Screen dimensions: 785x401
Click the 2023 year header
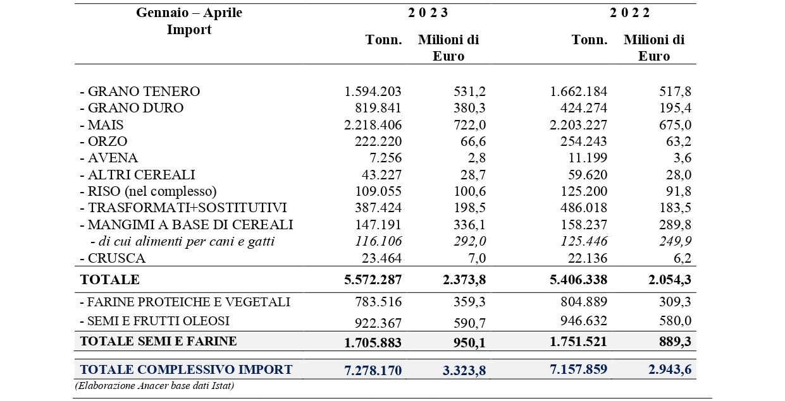428,13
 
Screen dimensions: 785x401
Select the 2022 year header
630,13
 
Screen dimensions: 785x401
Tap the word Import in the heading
189,30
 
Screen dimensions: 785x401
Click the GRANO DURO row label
132,108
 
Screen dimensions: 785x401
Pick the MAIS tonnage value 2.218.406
373,125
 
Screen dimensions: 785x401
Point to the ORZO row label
104,141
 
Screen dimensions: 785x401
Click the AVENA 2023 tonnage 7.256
385,158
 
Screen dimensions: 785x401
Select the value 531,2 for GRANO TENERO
469,92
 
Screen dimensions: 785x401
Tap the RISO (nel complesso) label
149,191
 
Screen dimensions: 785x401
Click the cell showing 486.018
583,208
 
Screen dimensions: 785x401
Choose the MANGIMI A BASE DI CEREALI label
187,225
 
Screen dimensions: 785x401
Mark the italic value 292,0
469,241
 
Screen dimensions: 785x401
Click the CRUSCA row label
113,258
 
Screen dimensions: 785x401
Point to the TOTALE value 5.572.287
373,280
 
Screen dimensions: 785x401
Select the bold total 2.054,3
670,280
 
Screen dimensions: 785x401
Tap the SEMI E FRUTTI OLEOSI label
155,321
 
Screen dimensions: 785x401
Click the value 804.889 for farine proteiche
583,302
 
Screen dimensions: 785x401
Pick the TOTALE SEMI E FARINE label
158,341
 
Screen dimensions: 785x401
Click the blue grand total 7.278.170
373,370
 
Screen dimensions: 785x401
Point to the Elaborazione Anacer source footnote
154,386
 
